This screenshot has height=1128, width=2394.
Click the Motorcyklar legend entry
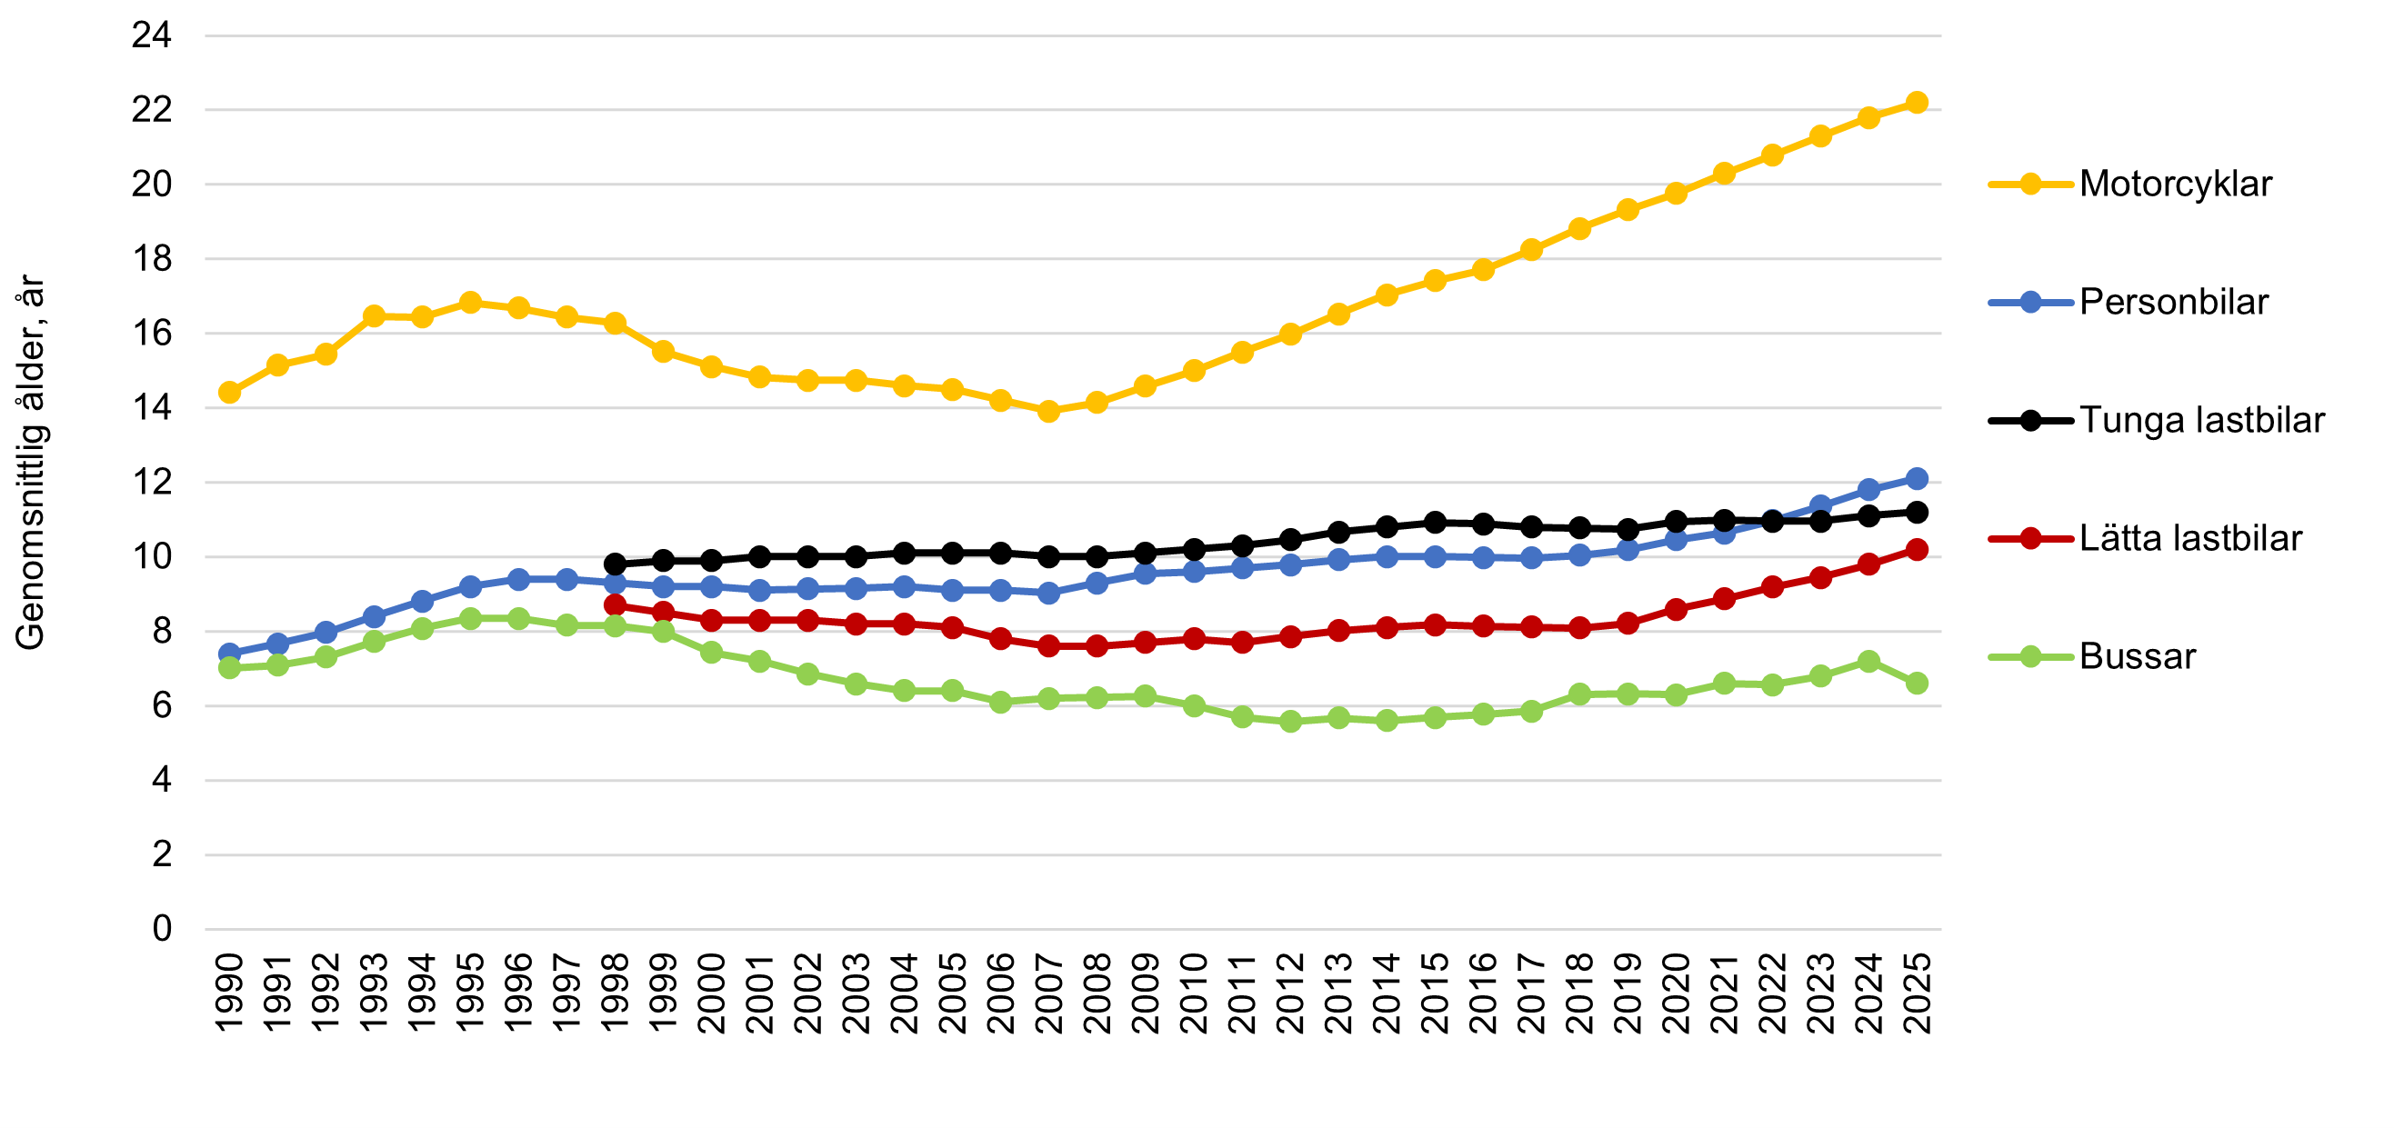[2175, 184]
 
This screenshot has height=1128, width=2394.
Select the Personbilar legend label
[2173, 302]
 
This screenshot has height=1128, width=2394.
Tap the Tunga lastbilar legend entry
[2200, 420]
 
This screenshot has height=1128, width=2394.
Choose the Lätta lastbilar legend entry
[2189, 538]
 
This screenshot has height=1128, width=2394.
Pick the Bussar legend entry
[2137, 656]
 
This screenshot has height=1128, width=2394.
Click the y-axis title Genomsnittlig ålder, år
[31, 462]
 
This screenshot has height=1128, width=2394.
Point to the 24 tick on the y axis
[152, 35]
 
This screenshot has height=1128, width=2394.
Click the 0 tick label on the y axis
[162, 927]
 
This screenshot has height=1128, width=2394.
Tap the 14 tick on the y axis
[152, 407]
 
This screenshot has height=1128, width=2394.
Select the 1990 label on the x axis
[229, 993]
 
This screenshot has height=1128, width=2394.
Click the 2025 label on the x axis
[1918, 993]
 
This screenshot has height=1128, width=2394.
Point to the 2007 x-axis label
[1048, 993]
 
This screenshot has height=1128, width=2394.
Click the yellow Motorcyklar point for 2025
[1917, 102]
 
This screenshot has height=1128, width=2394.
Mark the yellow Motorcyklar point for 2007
[1048, 411]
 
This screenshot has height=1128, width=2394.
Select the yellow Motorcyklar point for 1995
[470, 302]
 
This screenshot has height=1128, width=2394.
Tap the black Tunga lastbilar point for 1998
[615, 564]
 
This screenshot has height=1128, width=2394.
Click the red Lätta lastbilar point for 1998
[615, 604]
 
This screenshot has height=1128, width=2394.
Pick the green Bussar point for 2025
[1917, 683]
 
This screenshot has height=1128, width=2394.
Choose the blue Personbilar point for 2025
[1917, 478]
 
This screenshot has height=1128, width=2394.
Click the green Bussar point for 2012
[1290, 721]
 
